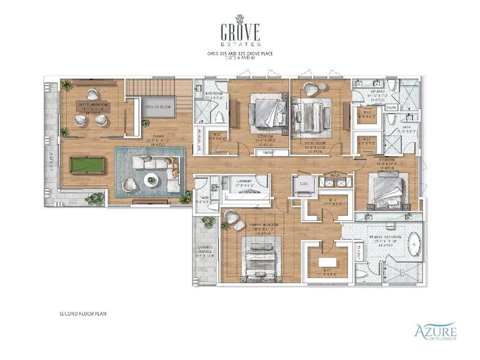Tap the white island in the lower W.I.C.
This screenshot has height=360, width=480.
(327, 262)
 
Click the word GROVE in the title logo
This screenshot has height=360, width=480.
(239, 31)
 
